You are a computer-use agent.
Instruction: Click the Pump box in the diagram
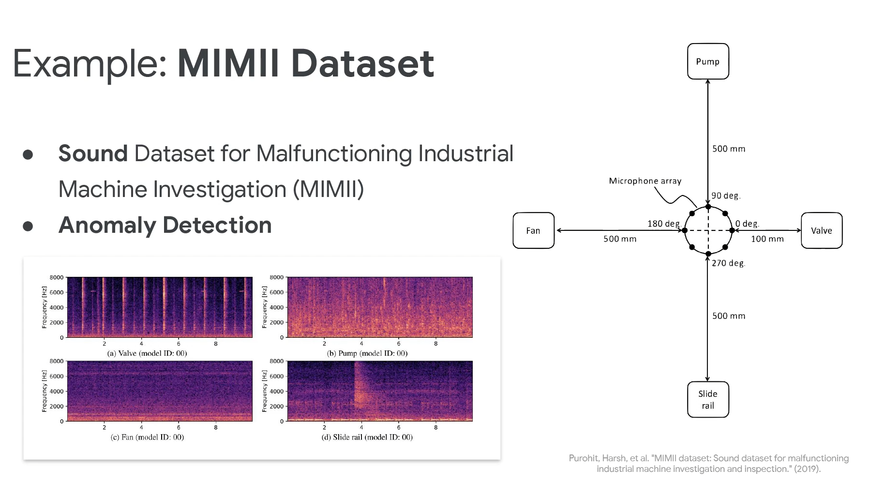(x=707, y=61)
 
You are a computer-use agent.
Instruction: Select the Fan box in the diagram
(x=533, y=230)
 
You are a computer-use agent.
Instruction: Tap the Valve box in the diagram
(x=821, y=230)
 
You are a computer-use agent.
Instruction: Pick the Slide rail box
(x=707, y=399)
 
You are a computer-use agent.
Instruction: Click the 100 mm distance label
(x=767, y=239)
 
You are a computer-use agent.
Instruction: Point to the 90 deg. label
(x=725, y=196)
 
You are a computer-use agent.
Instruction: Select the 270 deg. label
(x=728, y=263)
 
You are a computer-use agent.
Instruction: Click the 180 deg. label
(x=664, y=224)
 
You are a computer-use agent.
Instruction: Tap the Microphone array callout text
(x=645, y=181)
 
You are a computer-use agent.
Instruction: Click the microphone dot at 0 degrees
(x=732, y=230)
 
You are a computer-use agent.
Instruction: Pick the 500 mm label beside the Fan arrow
(x=620, y=239)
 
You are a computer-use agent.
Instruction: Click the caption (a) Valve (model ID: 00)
(x=147, y=353)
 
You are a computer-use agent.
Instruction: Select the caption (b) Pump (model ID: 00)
(x=367, y=353)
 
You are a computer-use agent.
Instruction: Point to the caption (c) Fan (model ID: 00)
(x=147, y=437)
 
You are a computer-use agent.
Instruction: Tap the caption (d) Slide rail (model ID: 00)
(x=367, y=437)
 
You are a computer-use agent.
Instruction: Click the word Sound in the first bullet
(x=93, y=153)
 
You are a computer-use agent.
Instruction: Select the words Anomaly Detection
(x=165, y=225)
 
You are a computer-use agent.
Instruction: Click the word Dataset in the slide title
(x=362, y=63)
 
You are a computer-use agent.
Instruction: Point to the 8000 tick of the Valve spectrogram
(x=57, y=277)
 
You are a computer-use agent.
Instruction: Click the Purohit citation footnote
(x=708, y=463)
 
